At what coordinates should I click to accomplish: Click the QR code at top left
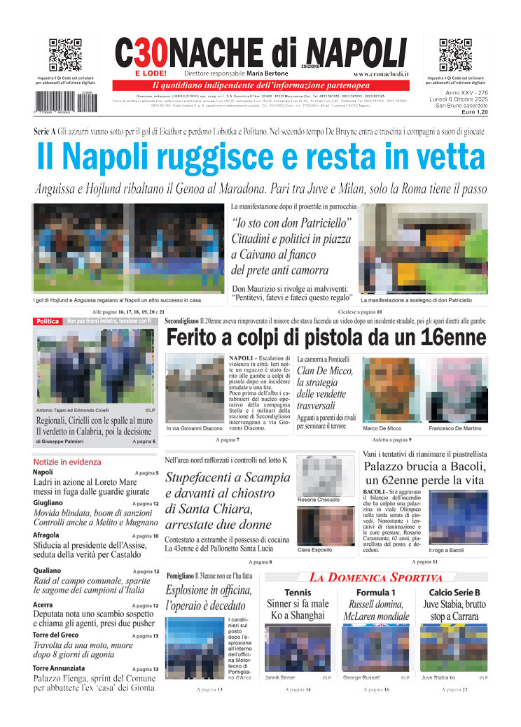65,55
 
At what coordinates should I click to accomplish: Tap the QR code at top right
455,55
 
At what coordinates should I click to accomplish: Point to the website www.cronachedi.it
381,73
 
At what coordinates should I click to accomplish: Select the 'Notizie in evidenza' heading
67,462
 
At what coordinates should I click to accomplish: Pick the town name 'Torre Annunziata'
59,668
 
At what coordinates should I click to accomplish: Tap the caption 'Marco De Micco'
382,428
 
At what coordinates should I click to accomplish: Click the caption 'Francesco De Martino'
455,428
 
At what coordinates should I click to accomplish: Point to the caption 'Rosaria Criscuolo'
319,500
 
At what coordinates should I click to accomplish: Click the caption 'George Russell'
361,678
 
